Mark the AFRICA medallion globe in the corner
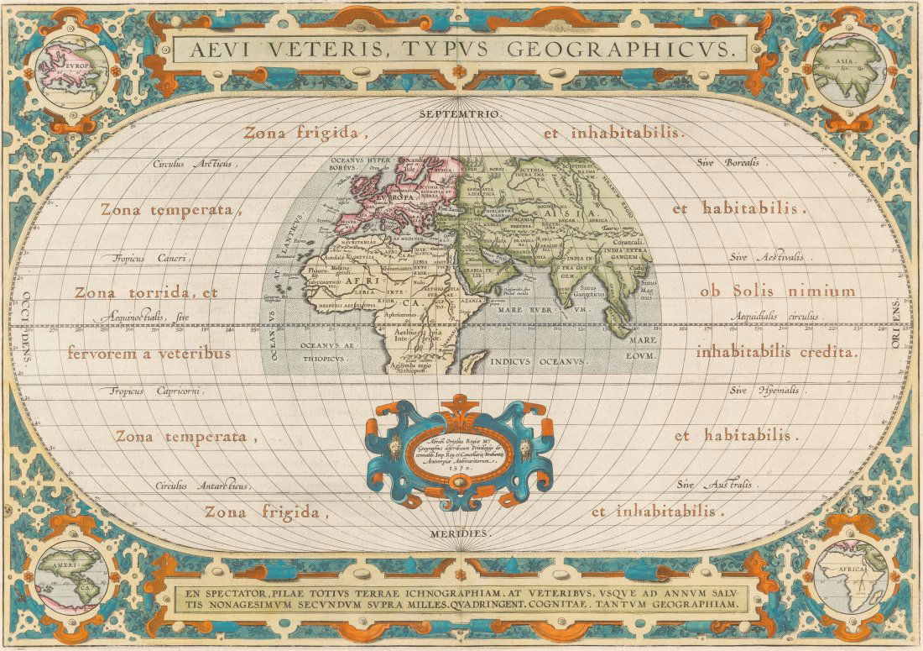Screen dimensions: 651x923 pyautogui.click(x=849, y=580)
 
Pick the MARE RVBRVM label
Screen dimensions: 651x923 pyautogui.click(x=545, y=309)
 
